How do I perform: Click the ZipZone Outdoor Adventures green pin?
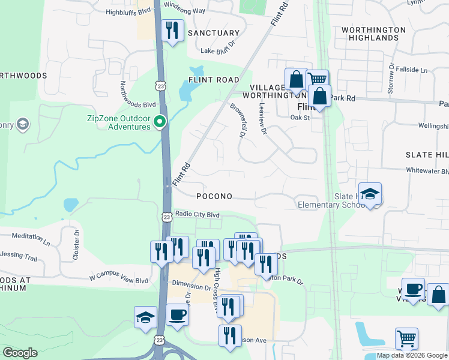(x=160, y=122)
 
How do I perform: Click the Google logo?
(x=20, y=353)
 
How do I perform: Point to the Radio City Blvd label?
(x=197, y=215)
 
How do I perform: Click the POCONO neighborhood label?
(x=214, y=196)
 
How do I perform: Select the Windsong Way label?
(x=184, y=11)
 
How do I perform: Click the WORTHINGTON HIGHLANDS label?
(x=370, y=34)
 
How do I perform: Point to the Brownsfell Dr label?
(x=238, y=120)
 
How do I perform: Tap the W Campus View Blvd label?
(x=119, y=279)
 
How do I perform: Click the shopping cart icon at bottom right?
(x=406, y=338)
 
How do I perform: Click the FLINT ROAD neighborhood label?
(x=214, y=80)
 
